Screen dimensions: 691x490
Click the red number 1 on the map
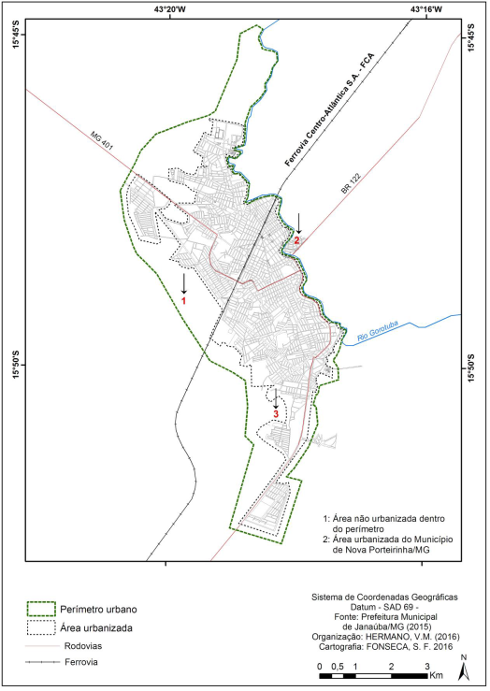[184, 302]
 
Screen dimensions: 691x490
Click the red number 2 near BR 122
[296, 240]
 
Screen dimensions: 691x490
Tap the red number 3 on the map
[276, 411]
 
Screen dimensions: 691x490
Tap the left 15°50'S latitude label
[16, 365]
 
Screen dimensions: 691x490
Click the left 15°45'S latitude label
[16, 44]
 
